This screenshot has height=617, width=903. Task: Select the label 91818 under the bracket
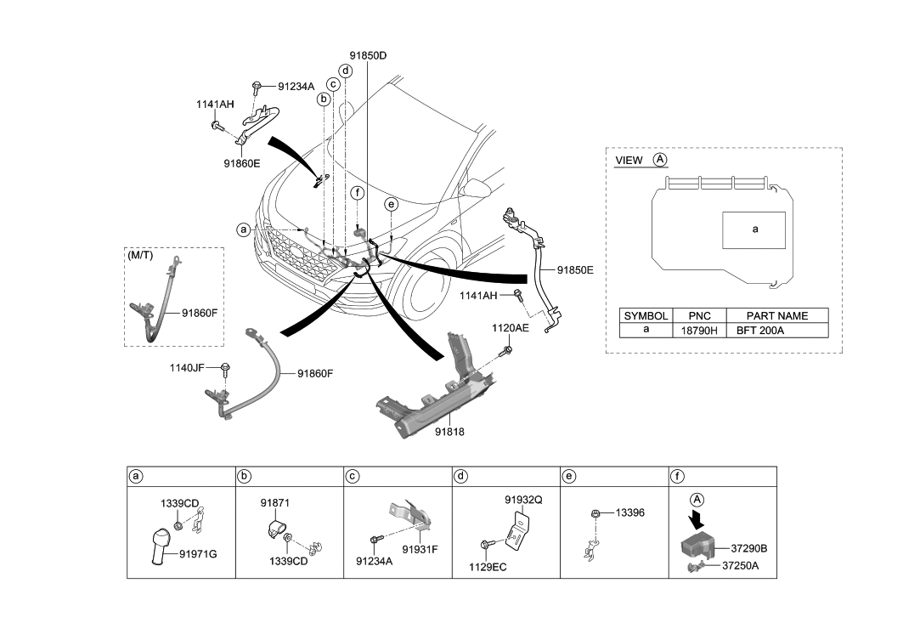pos(449,432)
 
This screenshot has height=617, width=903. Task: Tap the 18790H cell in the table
pos(702,329)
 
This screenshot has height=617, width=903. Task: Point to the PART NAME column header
pos(777,315)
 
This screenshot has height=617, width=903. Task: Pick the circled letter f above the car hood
pos(358,194)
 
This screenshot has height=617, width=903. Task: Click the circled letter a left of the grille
pos(244,229)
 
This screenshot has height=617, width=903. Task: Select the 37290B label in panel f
pos(749,548)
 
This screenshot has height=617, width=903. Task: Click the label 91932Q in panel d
pos(523,500)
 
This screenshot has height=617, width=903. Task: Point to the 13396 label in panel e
pos(630,512)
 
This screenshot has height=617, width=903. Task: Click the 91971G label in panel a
pos(198,554)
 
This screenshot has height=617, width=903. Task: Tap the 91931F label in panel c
pos(420,549)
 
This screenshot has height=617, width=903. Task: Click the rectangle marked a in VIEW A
pos(753,229)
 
